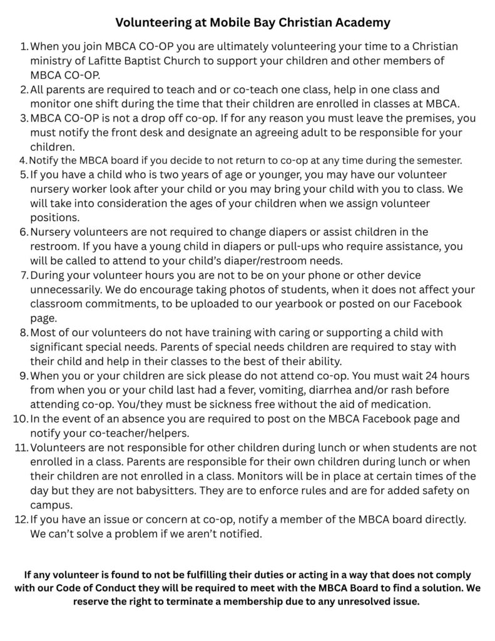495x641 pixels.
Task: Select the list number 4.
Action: (x=24, y=160)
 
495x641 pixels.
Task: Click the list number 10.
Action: (x=19, y=419)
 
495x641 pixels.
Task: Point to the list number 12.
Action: (x=19, y=520)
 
